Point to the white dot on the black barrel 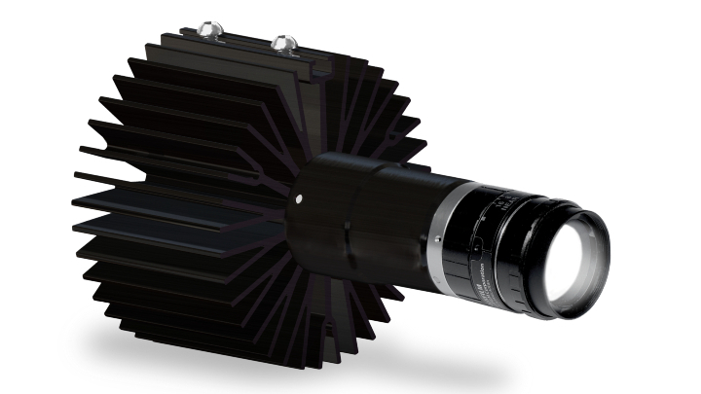(298, 198)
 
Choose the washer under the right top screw (283, 50)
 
